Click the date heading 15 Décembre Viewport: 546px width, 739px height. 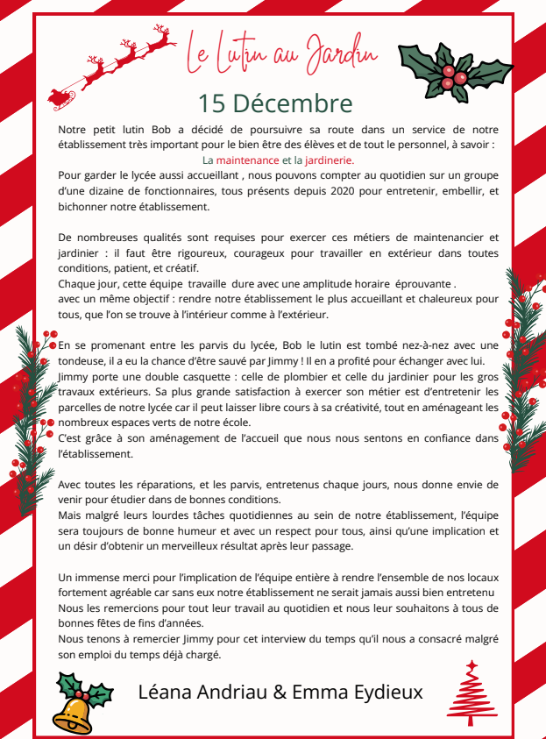tap(275, 103)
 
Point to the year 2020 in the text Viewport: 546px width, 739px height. tap(346, 191)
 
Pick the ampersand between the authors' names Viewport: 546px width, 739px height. tap(280, 692)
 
